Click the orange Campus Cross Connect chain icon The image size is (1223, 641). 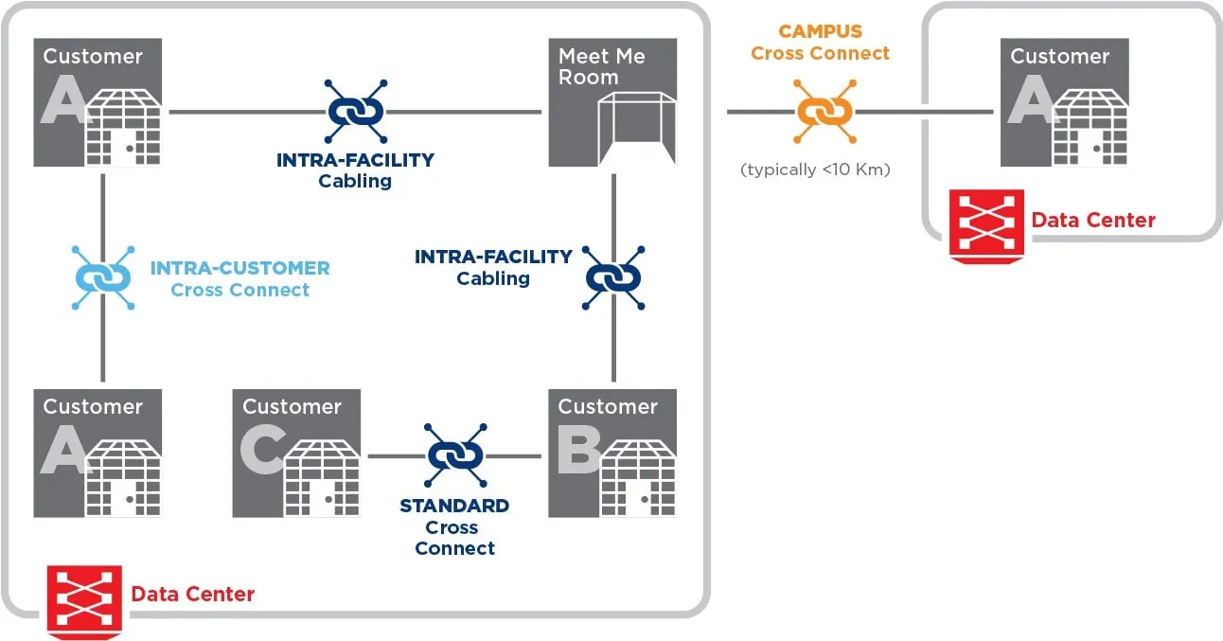coord(824,112)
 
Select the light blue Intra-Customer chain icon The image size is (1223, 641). coord(102,278)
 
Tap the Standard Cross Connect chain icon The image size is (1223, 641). coord(455,455)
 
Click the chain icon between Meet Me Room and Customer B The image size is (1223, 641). coord(613,278)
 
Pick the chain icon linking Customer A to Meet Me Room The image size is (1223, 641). coord(355,112)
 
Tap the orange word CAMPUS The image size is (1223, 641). coord(821,32)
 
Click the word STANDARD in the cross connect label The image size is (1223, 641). coord(454,506)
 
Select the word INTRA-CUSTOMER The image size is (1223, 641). coord(240,268)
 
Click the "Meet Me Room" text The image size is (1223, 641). coord(601,66)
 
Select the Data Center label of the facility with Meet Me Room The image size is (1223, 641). coord(193,595)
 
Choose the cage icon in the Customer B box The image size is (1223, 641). coord(638,478)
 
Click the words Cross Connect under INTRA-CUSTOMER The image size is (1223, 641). coord(240,291)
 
